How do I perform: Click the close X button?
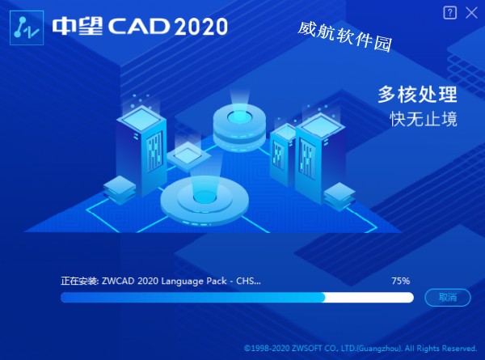(471, 13)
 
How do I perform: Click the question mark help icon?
(449, 13)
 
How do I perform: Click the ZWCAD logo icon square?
(27, 28)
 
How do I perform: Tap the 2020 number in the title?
(200, 27)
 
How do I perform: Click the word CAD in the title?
(139, 26)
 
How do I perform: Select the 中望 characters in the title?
(78, 26)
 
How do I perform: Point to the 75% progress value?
(401, 281)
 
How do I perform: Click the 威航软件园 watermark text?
(345, 36)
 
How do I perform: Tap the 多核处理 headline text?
(417, 95)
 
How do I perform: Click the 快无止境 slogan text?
(423, 119)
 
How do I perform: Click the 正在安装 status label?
(79, 281)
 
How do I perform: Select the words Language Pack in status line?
(194, 281)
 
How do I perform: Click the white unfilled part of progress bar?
(369, 297)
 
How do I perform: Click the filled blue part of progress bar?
(192, 297)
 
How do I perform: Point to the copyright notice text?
(361, 348)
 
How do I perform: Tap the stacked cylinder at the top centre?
(239, 127)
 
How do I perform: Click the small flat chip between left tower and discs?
(188, 156)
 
